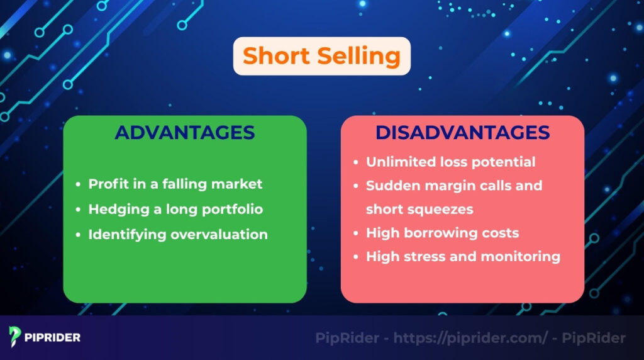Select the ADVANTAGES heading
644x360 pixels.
pyautogui.click(x=185, y=133)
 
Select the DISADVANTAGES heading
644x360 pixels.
pyautogui.click(x=462, y=133)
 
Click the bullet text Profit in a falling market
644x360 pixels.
pyautogui.click(x=175, y=184)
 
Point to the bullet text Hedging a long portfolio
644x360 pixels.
pyautogui.click(x=175, y=209)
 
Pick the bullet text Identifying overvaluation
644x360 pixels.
pyautogui.click(x=178, y=234)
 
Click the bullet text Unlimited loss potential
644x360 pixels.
pyautogui.click(x=450, y=162)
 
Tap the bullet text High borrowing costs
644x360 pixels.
pyautogui.click(x=442, y=233)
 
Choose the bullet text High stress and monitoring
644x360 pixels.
pyautogui.click(x=463, y=256)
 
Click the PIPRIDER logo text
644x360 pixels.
pyautogui.click(x=53, y=337)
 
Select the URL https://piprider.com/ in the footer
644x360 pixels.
pyautogui.click(x=471, y=338)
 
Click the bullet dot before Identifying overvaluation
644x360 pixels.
pyautogui.click(x=78, y=235)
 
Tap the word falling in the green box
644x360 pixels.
pyautogui.click(x=189, y=184)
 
